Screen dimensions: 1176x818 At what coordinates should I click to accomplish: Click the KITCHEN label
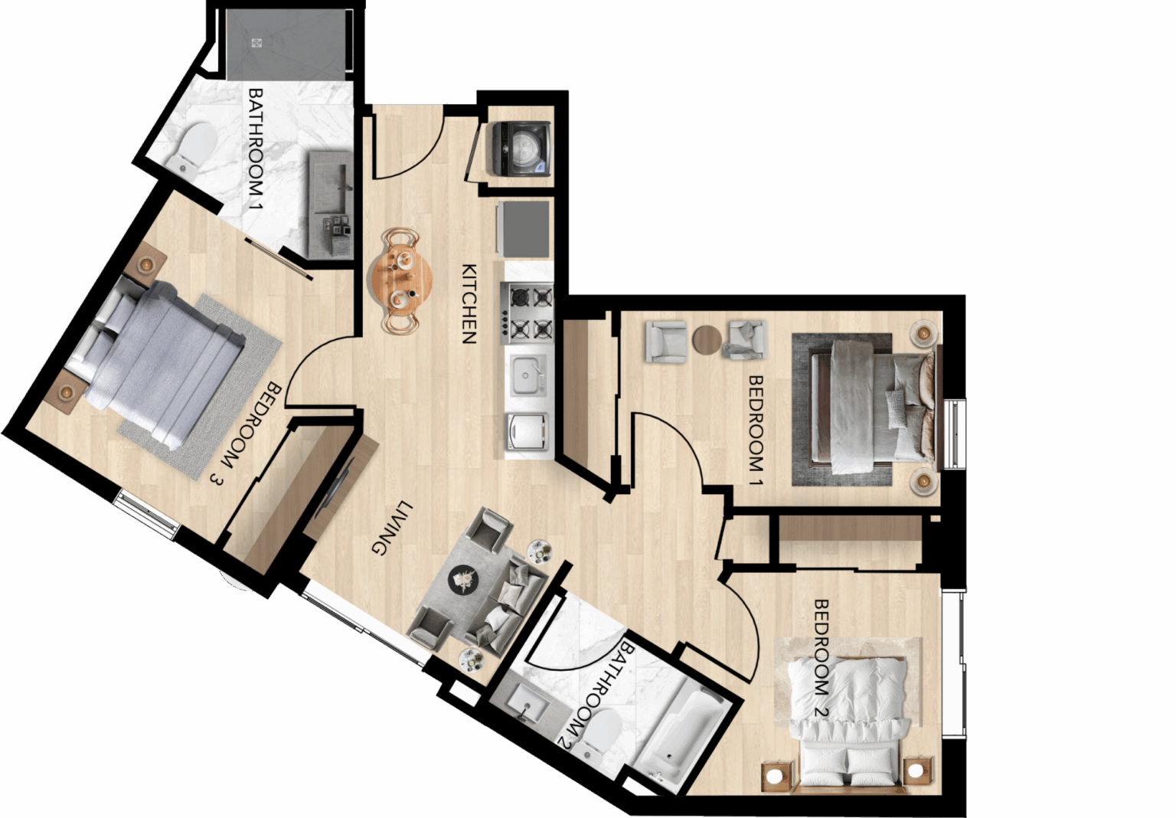[469, 304]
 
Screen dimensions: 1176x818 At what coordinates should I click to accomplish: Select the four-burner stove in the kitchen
[527, 313]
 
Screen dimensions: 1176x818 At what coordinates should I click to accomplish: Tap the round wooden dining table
[401, 280]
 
